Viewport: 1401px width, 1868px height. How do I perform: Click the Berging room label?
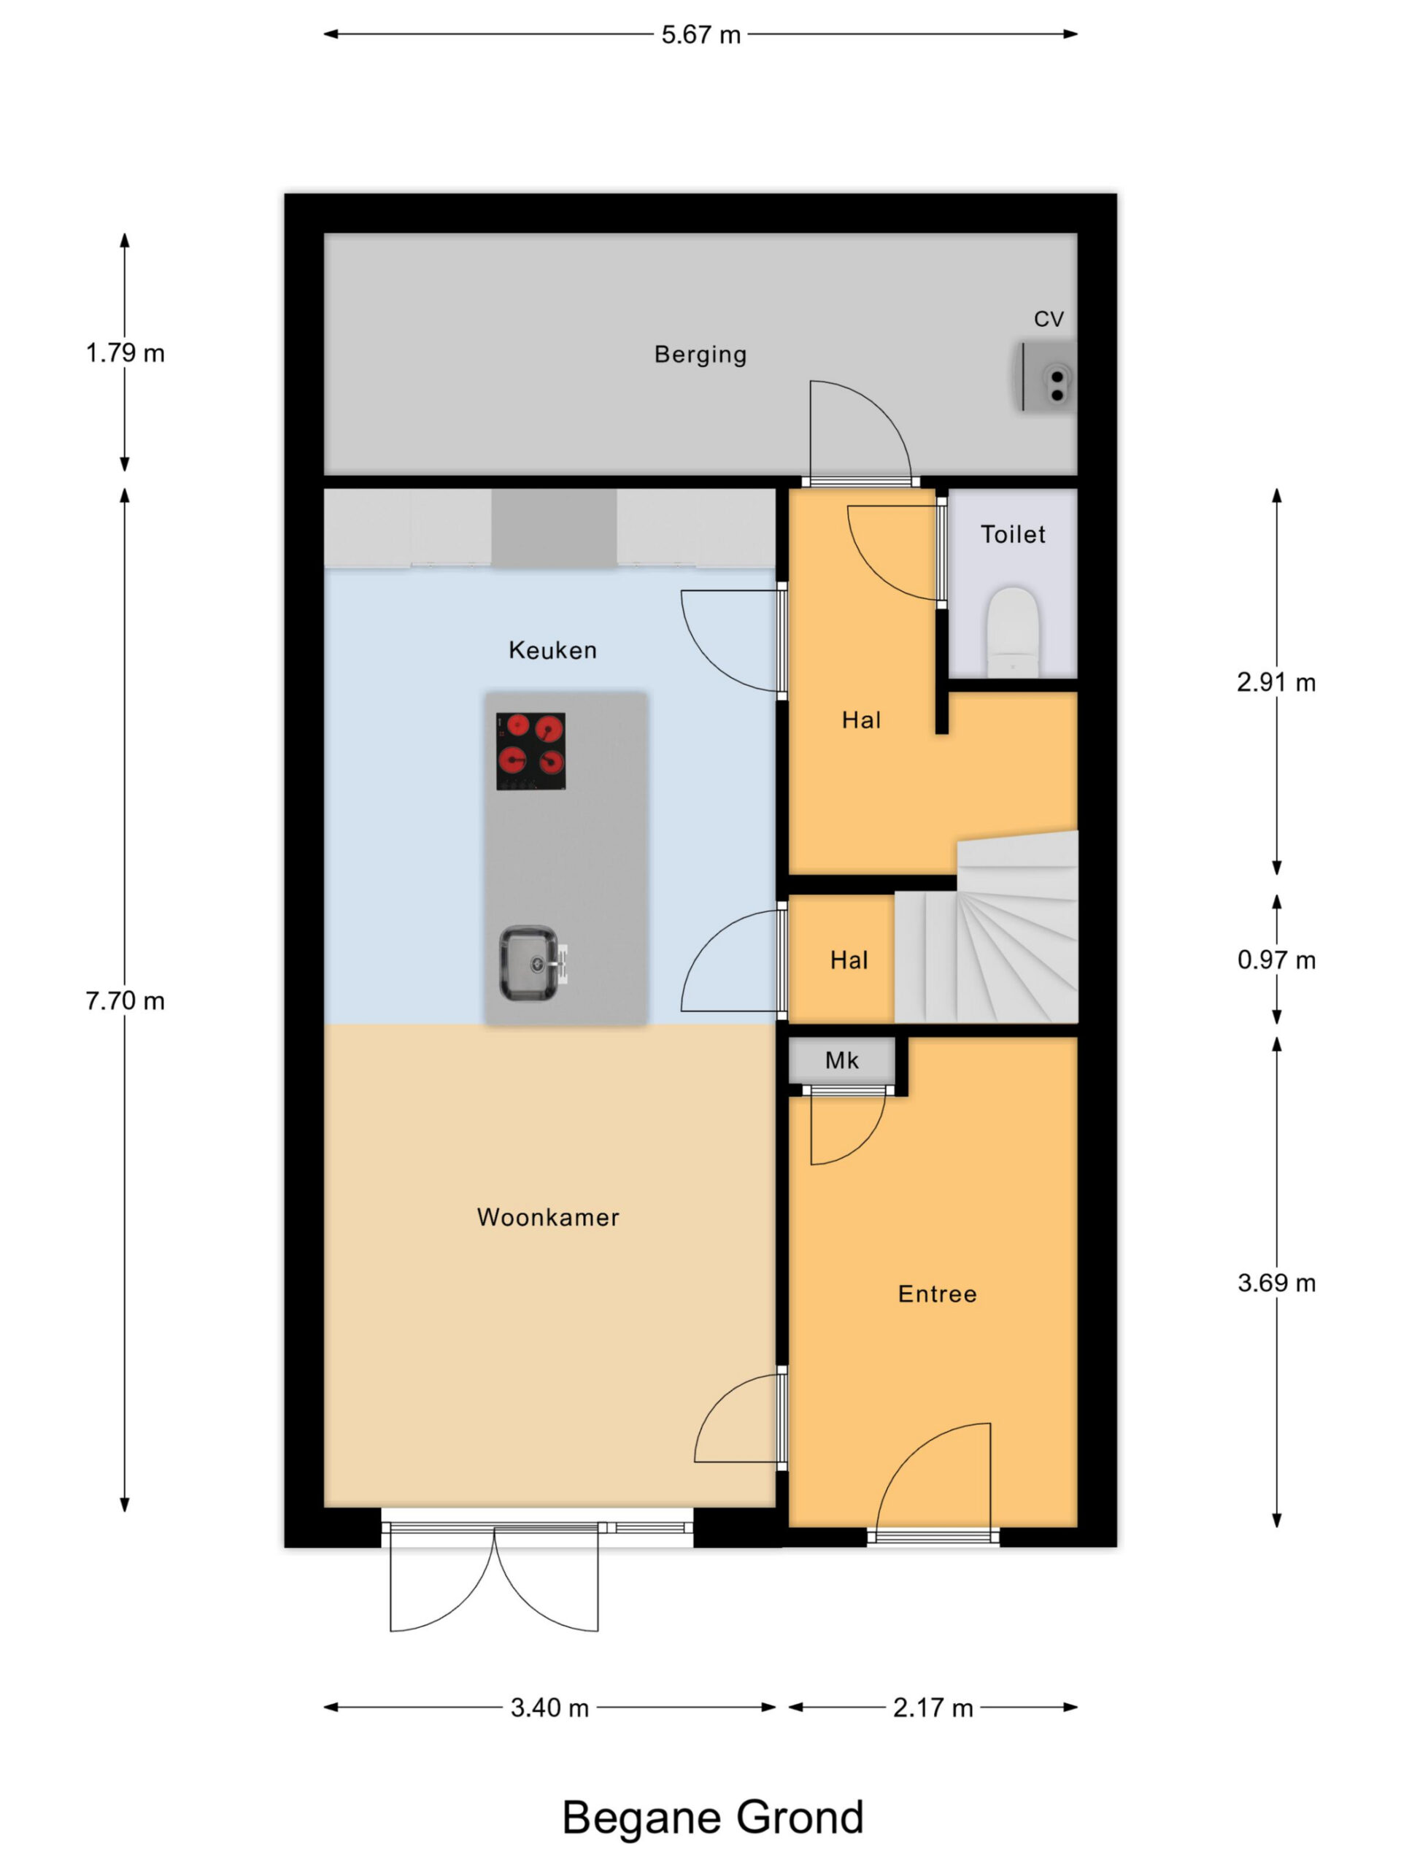[x=700, y=355]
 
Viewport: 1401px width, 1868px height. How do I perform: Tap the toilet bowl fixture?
[x=1013, y=632]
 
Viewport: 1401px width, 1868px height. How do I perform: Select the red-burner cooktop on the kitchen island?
[x=530, y=751]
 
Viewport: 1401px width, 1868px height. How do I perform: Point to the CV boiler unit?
[x=1046, y=376]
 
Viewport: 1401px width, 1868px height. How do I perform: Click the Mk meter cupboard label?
[x=842, y=1061]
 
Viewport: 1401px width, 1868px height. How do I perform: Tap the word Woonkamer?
[x=548, y=1217]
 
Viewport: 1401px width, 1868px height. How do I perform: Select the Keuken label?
[x=552, y=649]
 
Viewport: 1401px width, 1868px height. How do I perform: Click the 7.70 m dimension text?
[x=125, y=1000]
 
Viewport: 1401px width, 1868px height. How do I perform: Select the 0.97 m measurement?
[x=1277, y=960]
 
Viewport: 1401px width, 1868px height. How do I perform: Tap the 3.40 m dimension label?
[x=549, y=1707]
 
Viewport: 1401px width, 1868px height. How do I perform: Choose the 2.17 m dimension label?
[x=933, y=1707]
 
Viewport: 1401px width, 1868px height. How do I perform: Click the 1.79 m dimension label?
[x=125, y=353]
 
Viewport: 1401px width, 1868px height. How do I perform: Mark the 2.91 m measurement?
[x=1277, y=682]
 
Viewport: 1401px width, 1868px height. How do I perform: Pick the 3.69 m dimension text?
[x=1277, y=1283]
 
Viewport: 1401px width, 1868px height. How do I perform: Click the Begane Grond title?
[x=714, y=1818]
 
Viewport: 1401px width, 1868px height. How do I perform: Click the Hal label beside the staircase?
[x=849, y=960]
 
